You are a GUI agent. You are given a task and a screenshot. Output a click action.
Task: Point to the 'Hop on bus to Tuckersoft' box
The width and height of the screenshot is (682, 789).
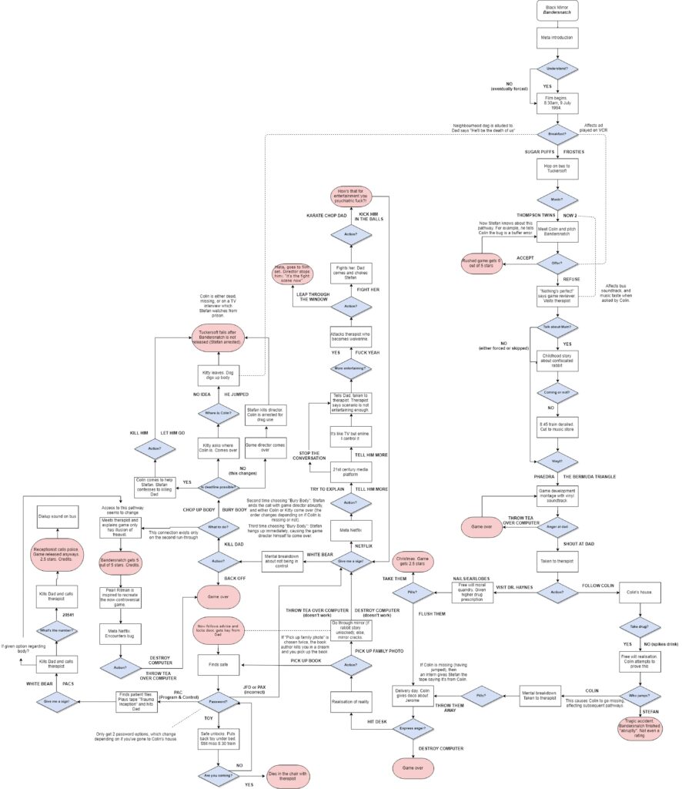[x=557, y=169]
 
